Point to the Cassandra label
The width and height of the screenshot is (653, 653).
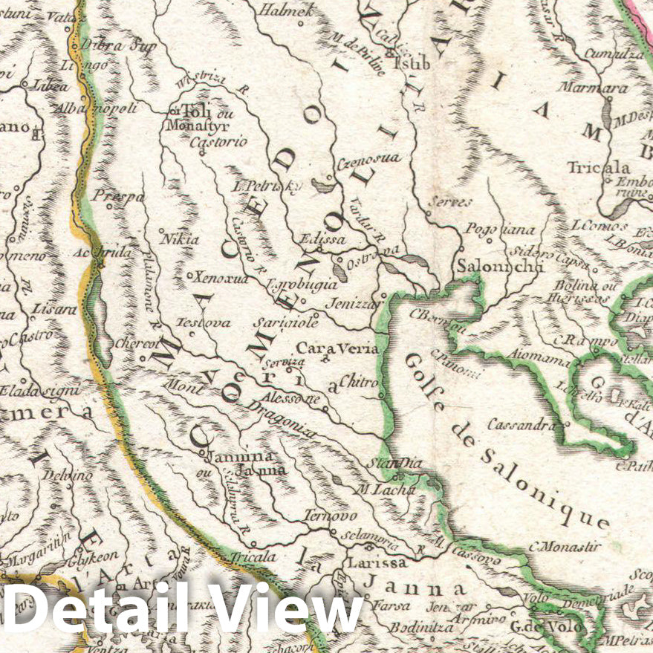click(x=521, y=424)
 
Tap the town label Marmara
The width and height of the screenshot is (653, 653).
click(x=604, y=88)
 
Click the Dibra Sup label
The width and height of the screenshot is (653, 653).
click(x=119, y=46)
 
